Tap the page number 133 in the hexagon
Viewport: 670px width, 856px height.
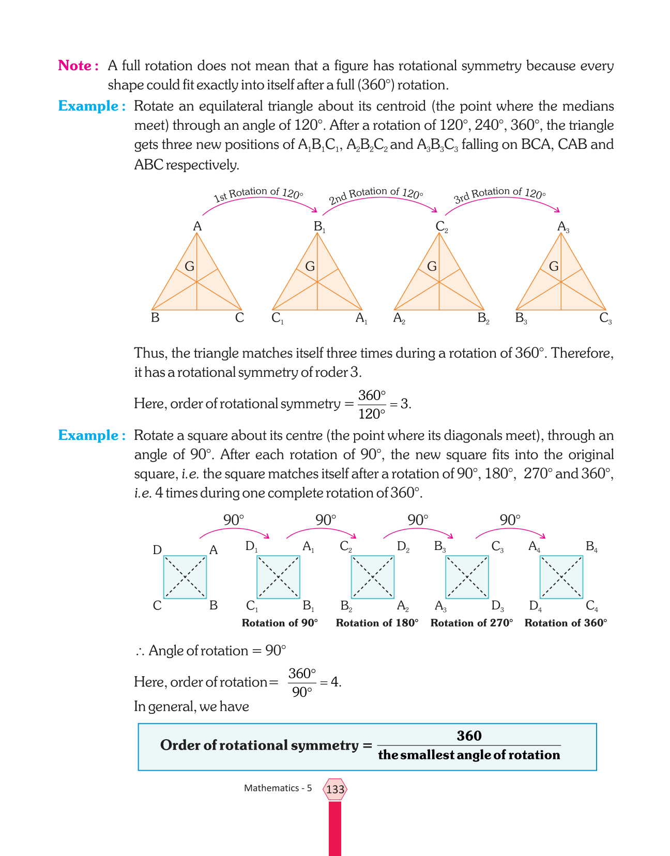pyautogui.click(x=335, y=789)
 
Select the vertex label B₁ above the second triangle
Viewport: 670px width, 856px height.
pyautogui.click(x=319, y=226)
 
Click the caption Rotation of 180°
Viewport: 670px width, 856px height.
pyautogui.click(x=377, y=623)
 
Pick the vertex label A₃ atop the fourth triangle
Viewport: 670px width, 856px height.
pyautogui.click(x=563, y=226)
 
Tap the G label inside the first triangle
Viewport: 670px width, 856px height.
pyautogui.click(x=189, y=267)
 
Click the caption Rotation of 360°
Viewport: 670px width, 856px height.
pyautogui.click(x=566, y=623)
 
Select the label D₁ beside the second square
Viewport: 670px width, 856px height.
pyautogui.click(x=251, y=546)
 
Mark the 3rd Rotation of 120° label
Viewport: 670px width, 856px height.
pyautogui.click(x=499, y=195)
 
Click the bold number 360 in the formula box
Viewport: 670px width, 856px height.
pyautogui.click(x=469, y=736)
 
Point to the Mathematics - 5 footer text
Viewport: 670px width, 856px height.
pyautogui.click(x=278, y=788)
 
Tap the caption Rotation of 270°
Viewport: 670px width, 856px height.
pyautogui.click(x=471, y=623)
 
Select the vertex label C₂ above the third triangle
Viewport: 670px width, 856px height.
pyautogui.click(x=441, y=226)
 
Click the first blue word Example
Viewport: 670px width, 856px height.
pyautogui.click(x=89, y=106)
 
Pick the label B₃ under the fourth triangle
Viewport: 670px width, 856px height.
pyautogui.click(x=521, y=318)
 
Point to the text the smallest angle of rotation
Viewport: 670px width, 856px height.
pyautogui.click(x=469, y=755)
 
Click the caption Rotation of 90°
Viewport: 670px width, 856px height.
pyautogui.click(x=280, y=623)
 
